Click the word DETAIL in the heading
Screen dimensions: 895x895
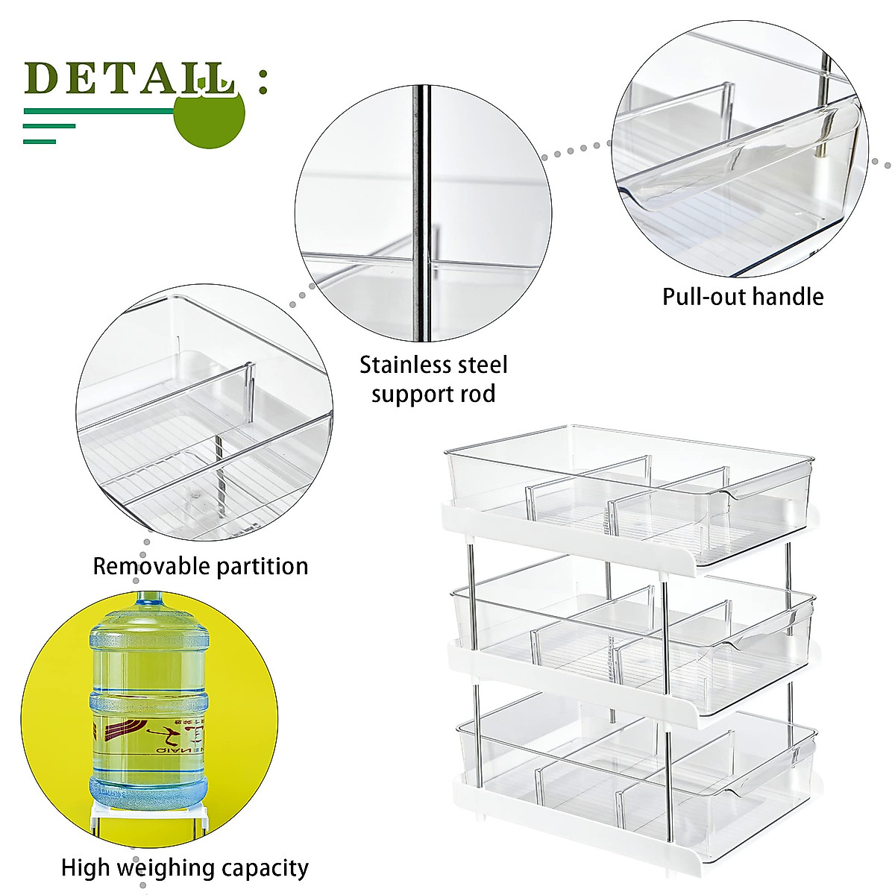point(131,78)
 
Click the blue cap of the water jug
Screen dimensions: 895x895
point(149,598)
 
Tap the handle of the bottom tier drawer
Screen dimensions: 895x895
point(764,776)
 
